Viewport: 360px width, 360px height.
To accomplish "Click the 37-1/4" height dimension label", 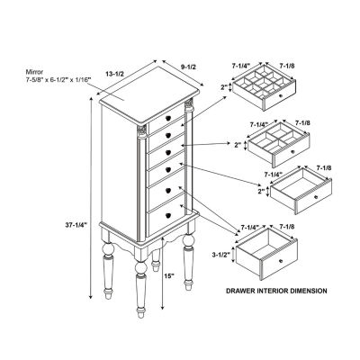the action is [x=76, y=224].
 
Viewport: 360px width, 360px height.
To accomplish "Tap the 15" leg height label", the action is [x=169, y=275].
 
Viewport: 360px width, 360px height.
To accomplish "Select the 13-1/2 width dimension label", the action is [x=114, y=74].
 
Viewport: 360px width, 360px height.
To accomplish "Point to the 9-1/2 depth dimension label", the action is [x=189, y=67].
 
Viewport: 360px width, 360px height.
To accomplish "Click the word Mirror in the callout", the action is [x=34, y=72].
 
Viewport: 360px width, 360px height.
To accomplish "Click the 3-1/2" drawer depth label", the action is [x=220, y=255].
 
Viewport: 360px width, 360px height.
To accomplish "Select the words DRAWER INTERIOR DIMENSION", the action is [x=276, y=291].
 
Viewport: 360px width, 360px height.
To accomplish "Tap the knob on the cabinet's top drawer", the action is [x=168, y=118].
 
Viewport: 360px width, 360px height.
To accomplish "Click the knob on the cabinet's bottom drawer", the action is [x=168, y=215].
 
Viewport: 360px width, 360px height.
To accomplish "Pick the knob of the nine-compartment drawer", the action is [x=281, y=95].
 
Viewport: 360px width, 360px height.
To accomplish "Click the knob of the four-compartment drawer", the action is [x=292, y=152].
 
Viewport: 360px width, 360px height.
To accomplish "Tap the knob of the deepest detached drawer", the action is [x=281, y=261].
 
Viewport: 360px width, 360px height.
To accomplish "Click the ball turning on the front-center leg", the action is [x=140, y=268].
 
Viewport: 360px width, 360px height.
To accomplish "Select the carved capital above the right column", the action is [x=189, y=105].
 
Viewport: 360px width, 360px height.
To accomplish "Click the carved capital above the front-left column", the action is [x=142, y=131].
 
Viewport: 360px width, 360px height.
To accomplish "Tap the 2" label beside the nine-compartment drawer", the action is [x=224, y=87].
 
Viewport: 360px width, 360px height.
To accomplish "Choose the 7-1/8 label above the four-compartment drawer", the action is [x=302, y=123].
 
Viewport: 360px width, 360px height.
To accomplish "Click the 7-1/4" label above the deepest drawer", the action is [x=249, y=226].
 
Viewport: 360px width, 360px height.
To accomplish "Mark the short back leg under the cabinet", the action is [x=156, y=260].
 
